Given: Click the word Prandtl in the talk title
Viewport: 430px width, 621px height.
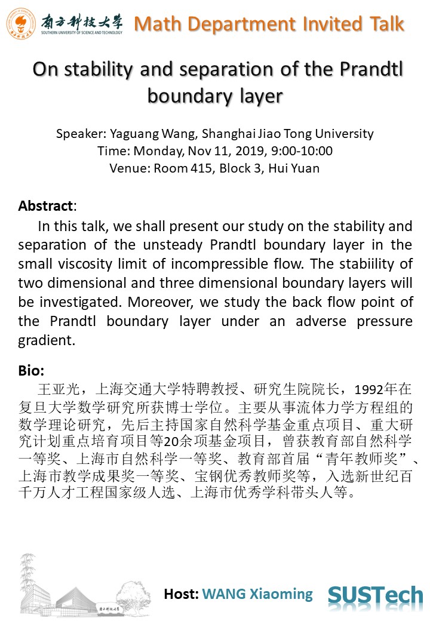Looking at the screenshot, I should coord(371,70).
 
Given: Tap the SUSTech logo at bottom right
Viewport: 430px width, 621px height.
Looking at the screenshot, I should coord(375,595).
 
